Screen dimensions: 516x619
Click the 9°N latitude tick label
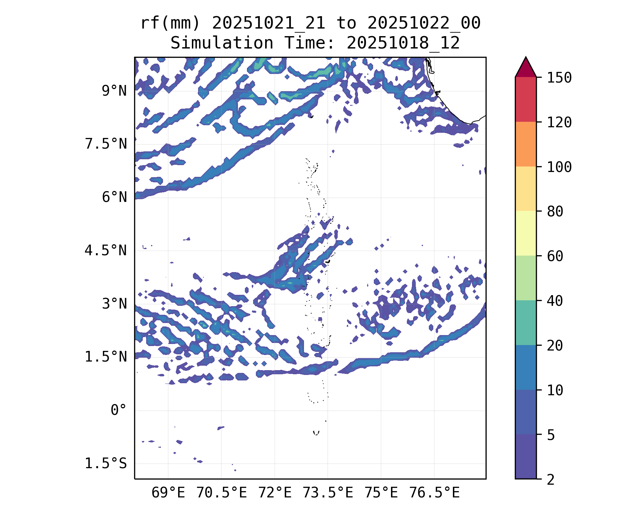click(x=114, y=91)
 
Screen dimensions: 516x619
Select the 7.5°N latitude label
click(x=106, y=144)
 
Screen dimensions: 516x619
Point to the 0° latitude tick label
click(x=118, y=410)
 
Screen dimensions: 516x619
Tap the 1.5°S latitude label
click(x=106, y=463)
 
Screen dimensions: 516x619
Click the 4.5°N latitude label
click(x=106, y=250)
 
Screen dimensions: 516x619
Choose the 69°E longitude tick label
click(x=168, y=493)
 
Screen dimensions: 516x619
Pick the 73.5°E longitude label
click(x=328, y=493)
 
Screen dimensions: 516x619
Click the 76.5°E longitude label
click(x=434, y=493)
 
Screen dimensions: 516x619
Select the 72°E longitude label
click(x=275, y=493)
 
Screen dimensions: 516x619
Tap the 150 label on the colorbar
click(x=559, y=78)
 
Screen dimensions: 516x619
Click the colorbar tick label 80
click(x=555, y=211)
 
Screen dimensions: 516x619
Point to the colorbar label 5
click(x=551, y=435)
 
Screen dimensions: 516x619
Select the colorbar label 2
click(x=551, y=479)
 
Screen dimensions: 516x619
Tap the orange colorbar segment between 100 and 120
click(x=525, y=144)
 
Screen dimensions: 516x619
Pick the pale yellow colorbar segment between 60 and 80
click(x=525, y=233)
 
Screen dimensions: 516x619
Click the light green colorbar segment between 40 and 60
click(x=525, y=278)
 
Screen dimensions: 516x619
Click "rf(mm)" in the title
click(x=170, y=23)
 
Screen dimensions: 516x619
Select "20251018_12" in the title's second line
click(x=403, y=43)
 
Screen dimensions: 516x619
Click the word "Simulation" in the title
click(x=222, y=43)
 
